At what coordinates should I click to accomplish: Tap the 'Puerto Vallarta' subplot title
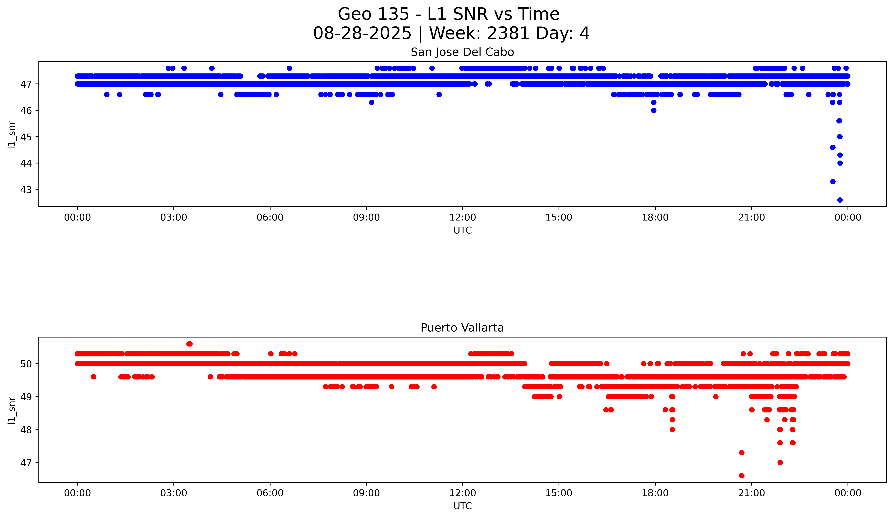pyautogui.click(x=462, y=328)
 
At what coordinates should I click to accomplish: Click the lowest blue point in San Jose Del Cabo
pyautogui.click(x=840, y=200)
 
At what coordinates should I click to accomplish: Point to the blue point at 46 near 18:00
pyautogui.click(x=654, y=110)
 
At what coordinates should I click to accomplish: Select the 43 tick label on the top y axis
pyautogui.click(x=26, y=190)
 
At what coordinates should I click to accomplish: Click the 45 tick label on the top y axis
pyautogui.click(x=26, y=137)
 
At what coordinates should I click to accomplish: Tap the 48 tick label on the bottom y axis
pyautogui.click(x=26, y=430)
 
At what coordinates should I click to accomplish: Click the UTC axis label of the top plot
pyautogui.click(x=462, y=231)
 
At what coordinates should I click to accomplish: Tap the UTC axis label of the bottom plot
pyautogui.click(x=462, y=506)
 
